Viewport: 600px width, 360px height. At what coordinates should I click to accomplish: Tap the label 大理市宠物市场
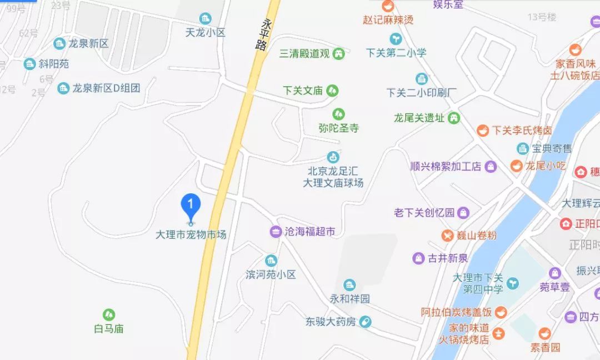pos(191,235)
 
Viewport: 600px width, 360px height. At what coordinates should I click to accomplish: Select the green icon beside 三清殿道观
pos(338,54)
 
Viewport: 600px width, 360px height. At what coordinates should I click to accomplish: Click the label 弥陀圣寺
pos(339,128)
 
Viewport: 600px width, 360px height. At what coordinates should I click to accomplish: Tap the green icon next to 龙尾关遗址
pos(454,118)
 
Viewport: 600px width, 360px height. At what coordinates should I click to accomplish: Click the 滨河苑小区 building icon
pos(271,261)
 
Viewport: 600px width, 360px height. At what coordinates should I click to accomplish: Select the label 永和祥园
pos(350,299)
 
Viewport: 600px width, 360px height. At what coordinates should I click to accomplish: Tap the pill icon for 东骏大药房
pos(364,321)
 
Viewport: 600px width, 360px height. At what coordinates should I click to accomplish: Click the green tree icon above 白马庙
pos(109,315)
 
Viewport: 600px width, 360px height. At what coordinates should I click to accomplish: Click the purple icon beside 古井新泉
pos(418,258)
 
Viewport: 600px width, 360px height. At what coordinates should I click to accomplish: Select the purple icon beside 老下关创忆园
pos(463,212)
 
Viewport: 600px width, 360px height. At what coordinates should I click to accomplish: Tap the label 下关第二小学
pos(396,53)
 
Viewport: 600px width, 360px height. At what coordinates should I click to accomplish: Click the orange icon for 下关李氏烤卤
pos(483,130)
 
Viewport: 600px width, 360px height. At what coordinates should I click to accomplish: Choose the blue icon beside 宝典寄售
pos(522,148)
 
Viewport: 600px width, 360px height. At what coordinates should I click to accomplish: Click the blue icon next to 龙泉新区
pos(59,43)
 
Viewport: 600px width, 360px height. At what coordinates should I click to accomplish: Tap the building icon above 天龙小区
pos(206,18)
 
